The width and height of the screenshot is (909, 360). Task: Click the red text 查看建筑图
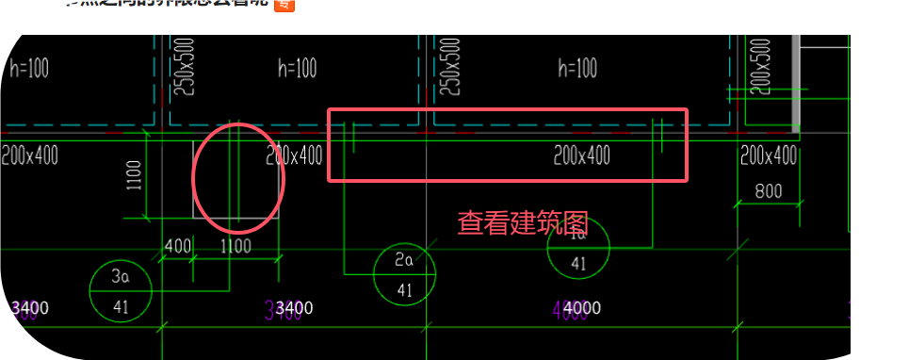(523, 223)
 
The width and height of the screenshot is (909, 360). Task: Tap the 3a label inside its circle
(120, 277)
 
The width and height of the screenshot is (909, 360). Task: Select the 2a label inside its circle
(404, 259)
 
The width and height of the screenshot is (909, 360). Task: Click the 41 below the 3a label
(121, 306)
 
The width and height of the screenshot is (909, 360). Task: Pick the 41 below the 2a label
(404, 289)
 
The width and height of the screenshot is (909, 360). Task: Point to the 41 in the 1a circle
(577, 264)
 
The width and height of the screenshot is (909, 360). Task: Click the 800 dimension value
(769, 192)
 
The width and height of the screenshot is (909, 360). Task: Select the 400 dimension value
(177, 246)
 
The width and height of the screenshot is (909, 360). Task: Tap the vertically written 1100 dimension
(134, 175)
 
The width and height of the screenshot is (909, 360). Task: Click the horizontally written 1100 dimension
(235, 246)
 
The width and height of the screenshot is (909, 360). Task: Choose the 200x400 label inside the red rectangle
(581, 155)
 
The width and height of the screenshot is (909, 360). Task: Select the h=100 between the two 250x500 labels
(297, 68)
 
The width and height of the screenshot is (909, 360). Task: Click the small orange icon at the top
(284, 5)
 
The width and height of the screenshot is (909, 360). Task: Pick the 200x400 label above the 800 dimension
(768, 155)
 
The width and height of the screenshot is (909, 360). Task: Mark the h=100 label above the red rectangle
(577, 68)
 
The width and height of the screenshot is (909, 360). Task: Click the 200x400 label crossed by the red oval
(293, 155)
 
